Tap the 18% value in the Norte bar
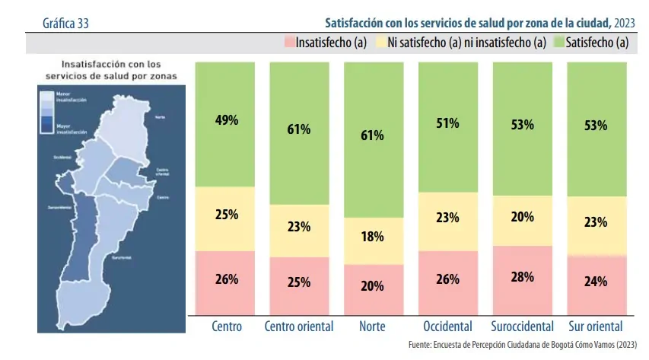(373, 237)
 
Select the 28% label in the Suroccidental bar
(522, 277)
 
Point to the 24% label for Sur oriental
(596, 282)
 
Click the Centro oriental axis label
(299, 327)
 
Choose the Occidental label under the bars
(447, 327)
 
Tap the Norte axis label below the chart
(373, 327)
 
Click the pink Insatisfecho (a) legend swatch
(288, 43)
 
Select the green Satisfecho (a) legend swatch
(559, 43)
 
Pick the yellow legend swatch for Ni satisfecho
(380, 43)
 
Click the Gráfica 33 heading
(67, 23)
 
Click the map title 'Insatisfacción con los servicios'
(111, 70)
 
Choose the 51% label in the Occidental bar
(447, 123)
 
